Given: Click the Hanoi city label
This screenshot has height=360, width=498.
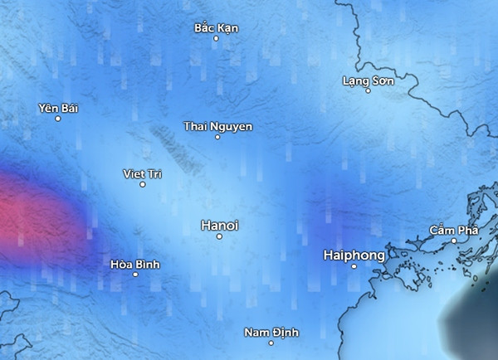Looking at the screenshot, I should tap(219, 225).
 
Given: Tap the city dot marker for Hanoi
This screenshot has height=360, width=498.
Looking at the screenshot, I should tap(219, 236).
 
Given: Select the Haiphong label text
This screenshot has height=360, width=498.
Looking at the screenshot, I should tap(354, 256).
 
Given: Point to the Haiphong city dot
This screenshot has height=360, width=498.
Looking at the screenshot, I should tap(354, 267).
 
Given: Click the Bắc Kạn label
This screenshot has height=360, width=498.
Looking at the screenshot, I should tap(216, 28).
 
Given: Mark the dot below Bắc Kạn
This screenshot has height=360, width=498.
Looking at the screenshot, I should tap(216, 38).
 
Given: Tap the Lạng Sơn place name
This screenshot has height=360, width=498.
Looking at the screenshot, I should tap(368, 80).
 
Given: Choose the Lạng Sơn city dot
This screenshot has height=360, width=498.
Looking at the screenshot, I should tap(368, 90).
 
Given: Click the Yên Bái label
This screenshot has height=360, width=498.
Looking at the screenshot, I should tap(57, 108).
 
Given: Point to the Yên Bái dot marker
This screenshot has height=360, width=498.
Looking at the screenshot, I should tap(57, 119).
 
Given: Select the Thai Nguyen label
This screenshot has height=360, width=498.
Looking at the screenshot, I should tap(217, 126).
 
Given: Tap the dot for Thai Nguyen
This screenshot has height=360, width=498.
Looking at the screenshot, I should tap(217, 137).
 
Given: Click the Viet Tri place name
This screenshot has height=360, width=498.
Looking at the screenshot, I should tap(142, 173).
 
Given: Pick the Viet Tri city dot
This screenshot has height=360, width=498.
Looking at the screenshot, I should tap(142, 184).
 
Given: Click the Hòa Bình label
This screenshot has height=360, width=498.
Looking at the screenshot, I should tap(134, 265).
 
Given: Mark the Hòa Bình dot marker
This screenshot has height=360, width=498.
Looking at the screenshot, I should tap(135, 275).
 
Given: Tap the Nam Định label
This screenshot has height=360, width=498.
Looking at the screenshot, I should tap(271, 333).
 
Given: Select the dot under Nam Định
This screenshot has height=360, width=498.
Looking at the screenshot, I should tap(271, 343).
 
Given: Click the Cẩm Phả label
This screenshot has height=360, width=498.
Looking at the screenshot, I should tap(453, 230).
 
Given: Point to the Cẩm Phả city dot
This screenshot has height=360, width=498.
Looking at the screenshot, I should tap(454, 241).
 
